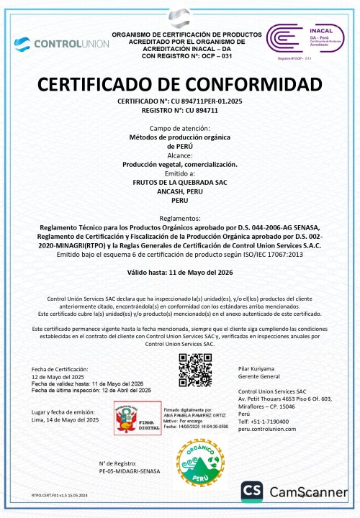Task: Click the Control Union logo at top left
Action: coord(61,43)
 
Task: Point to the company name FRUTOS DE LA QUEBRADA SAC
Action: coord(180,183)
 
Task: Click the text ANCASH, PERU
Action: coord(180,192)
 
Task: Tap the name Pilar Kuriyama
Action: coord(256,368)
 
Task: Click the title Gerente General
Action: coord(257,376)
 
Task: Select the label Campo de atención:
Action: coord(180,127)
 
